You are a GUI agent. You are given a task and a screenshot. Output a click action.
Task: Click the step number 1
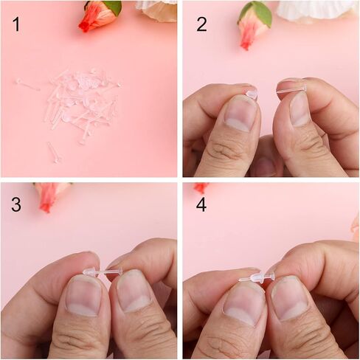(16, 24)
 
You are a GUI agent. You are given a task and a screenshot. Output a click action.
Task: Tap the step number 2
(201, 24)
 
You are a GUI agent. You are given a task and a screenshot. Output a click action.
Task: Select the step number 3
(16, 204)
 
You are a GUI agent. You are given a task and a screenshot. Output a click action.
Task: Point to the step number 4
(201, 204)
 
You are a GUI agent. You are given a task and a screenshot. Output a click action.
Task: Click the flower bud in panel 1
(100, 16)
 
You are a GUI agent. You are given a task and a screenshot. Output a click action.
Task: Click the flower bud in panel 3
(50, 195)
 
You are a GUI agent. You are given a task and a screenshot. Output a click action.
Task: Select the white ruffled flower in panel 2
(317, 10)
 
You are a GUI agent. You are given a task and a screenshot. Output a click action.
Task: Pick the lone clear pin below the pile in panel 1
(54, 153)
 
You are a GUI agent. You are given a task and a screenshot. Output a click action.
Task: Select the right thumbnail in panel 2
(300, 109)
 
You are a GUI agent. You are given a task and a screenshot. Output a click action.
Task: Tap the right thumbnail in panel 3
(134, 290)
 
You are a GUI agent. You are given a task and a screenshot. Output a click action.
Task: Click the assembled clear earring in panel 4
(256, 277)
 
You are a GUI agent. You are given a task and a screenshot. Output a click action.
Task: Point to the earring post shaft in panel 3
(108, 272)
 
